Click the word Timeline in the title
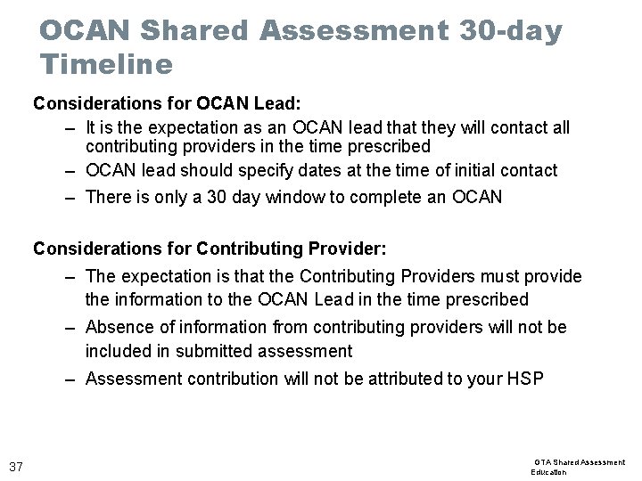pyautogui.click(x=106, y=65)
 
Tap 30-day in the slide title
pyautogui.click(x=512, y=30)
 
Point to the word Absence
pyautogui.click(x=120, y=327)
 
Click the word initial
pyautogui.click(x=459, y=170)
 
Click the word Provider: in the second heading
pyautogui.click(x=348, y=248)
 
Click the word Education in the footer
pyautogui.click(x=549, y=472)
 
